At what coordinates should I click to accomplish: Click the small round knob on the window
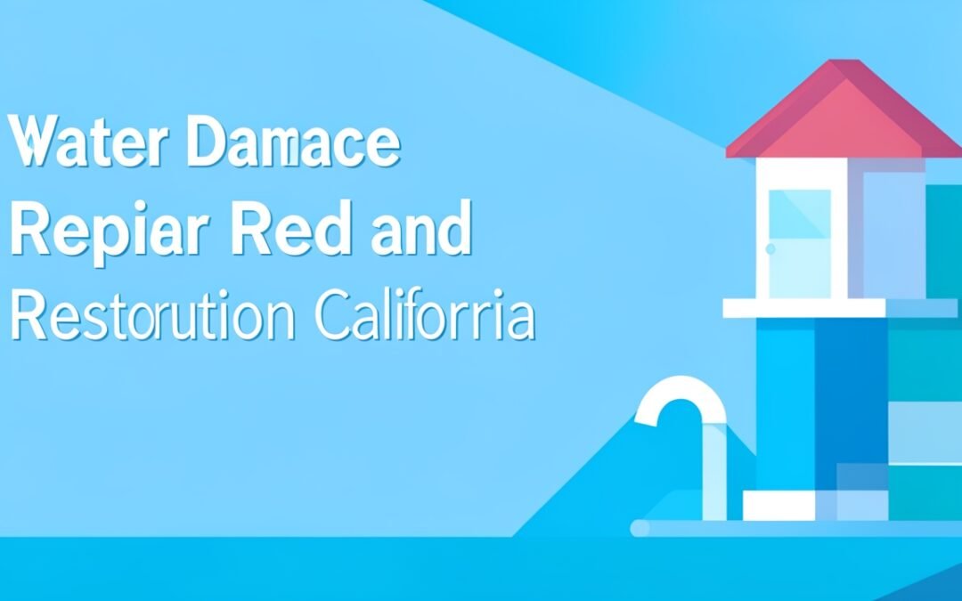tap(771, 248)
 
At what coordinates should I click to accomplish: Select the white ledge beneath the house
tap(802, 309)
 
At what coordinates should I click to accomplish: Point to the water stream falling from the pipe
tap(713, 472)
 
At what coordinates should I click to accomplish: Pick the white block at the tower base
tap(779, 507)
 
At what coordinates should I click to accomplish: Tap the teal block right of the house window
tap(942, 240)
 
